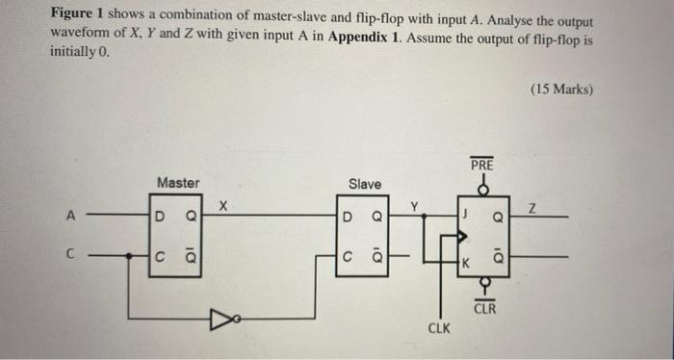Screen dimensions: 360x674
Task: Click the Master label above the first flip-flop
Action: click(178, 182)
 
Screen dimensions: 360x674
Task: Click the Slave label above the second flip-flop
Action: click(364, 184)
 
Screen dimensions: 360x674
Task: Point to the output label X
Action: click(223, 205)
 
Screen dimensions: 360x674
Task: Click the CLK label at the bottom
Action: click(439, 328)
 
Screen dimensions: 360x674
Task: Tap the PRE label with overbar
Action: click(481, 166)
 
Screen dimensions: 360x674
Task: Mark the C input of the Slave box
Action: click(348, 257)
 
